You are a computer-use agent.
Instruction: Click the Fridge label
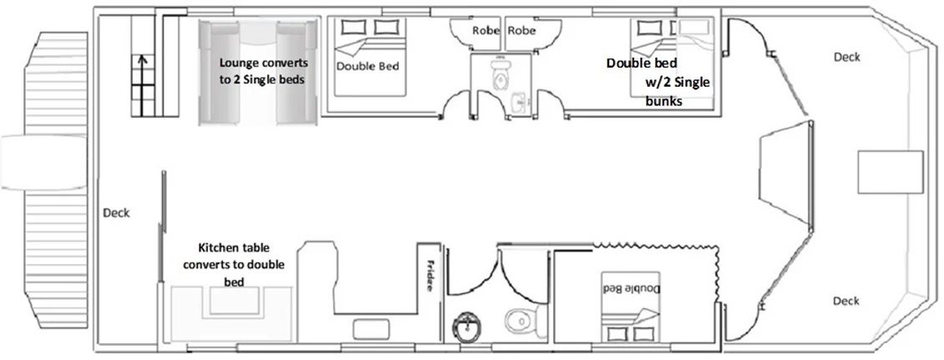(x=430, y=276)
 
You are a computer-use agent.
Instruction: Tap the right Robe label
(x=521, y=29)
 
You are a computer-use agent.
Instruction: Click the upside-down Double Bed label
(x=632, y=288)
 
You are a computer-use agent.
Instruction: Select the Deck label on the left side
(x=116, y=212)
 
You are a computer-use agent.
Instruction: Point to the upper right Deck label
(x=846, y=57)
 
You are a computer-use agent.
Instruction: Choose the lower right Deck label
(x=846, y=301)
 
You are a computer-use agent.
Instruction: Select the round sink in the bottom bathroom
(x=465, y=327)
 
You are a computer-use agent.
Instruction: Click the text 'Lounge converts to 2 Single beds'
(x=263, y=70)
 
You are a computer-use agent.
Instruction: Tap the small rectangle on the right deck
(x=891, y=172)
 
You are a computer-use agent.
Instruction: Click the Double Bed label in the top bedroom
(x=368, y=66)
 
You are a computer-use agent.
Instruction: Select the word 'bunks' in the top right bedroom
(x=663, y=102)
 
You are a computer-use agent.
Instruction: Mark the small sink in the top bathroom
(x=519, y=103)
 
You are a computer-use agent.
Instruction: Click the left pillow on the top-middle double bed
(x=351, y=27)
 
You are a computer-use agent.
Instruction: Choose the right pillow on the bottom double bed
(x=643, y=333)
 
